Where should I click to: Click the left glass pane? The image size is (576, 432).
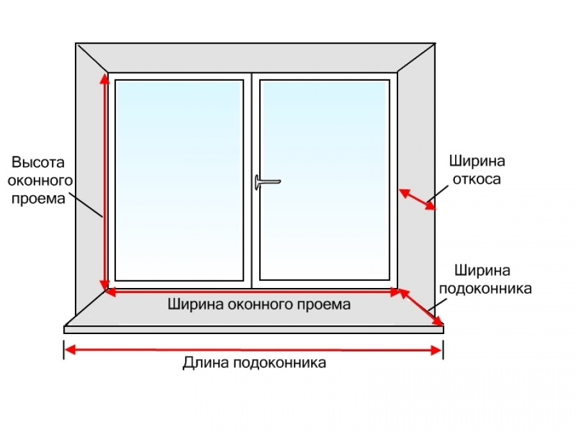[x=179, y=180]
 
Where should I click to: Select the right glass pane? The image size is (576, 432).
[x=324, y=180]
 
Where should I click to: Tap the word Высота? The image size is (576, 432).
[x=38, y=162]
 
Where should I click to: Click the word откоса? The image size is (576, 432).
[x=477, y=179]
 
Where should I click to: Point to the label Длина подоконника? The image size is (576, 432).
[x=254, y=363]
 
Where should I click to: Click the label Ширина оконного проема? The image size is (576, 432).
[x=259, y=304]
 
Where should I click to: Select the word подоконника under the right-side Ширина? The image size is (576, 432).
[x=485, y=289]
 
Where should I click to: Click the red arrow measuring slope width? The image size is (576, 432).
[x=417, y=199]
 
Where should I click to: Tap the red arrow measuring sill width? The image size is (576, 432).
[x=421, y=307]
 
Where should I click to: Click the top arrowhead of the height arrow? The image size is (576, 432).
[x=105, y=79]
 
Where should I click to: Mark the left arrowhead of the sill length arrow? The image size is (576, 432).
[x=70, y=349]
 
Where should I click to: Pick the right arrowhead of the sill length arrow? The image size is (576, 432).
[x=436, y=350]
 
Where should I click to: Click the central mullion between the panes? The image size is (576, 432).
[x=252, y=180]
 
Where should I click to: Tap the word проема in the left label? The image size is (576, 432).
[x=38, y=199]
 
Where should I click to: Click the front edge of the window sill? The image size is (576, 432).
[x=254, y=330]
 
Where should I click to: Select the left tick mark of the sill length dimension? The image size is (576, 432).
[x=64, y=349]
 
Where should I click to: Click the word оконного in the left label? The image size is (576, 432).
[x=40, y=180]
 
